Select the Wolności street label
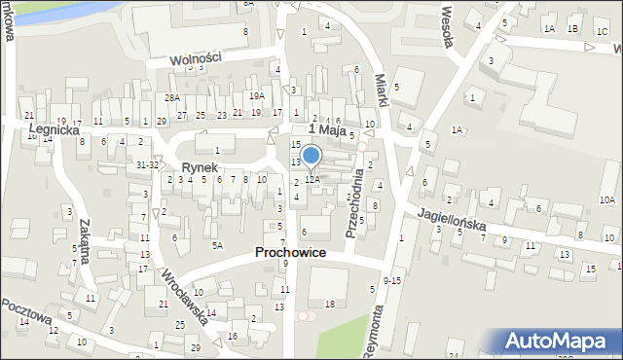point(196,58)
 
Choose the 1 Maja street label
point(327,128)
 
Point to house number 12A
point(312,179)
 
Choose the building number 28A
point(172,98)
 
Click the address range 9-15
point(392,280)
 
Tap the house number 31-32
point(147,165)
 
